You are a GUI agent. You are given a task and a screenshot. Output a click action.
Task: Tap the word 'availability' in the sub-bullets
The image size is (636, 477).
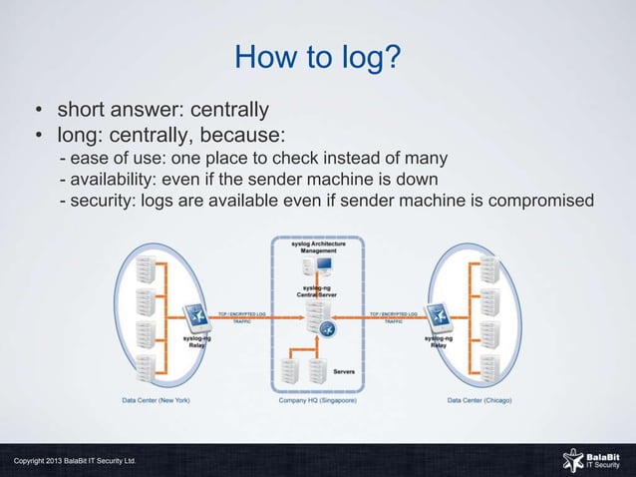pos(116,180)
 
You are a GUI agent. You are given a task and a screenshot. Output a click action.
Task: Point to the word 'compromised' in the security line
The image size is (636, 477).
pos(539,203)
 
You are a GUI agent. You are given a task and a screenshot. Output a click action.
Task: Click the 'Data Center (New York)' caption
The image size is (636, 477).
pos(156,400)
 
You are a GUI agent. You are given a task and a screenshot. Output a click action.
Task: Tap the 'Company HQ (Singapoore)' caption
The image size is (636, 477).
pos(318,400)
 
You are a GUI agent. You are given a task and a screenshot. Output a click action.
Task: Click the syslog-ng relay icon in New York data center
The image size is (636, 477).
pos(197,317)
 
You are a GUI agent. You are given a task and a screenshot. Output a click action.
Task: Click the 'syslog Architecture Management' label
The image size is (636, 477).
pos(318,247)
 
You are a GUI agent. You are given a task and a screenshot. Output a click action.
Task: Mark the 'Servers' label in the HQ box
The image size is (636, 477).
pos(344,371)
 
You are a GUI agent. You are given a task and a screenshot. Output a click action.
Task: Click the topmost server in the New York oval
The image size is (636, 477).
pos(146,267)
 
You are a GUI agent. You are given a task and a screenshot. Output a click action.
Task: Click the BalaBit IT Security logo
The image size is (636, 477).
pos(591,459)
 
